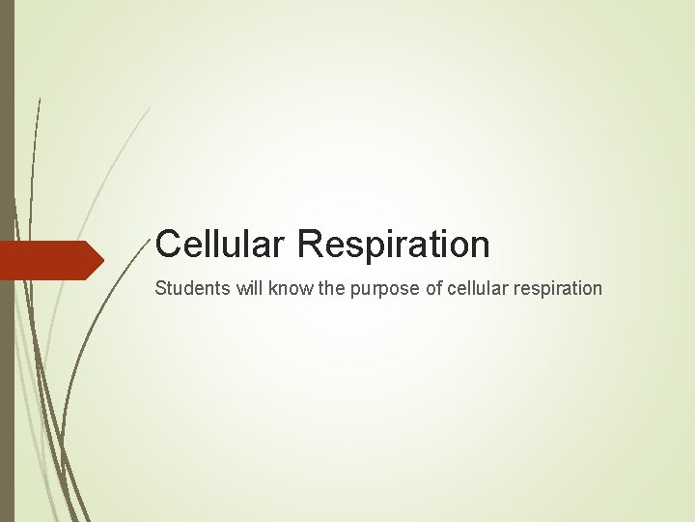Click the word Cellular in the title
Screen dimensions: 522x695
(221, 244)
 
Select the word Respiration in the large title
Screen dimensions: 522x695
(394, 244)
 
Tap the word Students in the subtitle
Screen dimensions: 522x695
(186, 288)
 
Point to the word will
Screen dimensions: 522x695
(236, 288)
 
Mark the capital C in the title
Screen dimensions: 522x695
(169, 244)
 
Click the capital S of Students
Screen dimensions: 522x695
(160, 288)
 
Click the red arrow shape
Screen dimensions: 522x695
(48, 260)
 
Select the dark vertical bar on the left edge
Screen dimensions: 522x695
(7, 261)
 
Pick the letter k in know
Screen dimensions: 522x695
(261, 288)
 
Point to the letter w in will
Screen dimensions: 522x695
(227, 288)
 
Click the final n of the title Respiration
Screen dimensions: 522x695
(480, 245)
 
